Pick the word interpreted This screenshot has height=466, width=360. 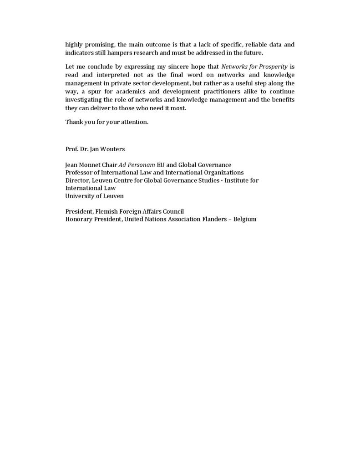click(103, 75)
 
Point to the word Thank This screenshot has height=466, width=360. click(74, 122)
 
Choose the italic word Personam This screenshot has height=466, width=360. click(141, 165)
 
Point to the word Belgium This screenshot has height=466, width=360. click(245, 219)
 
